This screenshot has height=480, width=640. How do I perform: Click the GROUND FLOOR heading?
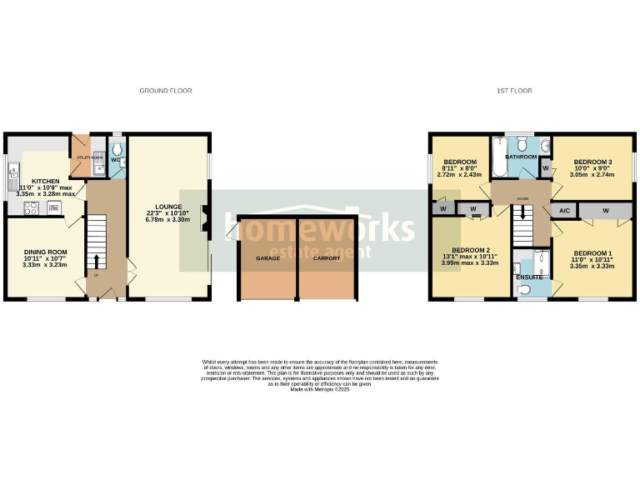pyautogui.click(x=161, y=90)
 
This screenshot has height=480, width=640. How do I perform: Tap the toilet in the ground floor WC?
pyautogui.click(x=117, y=154)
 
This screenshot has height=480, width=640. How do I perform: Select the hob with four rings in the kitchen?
pyautogui.click(x=30, y=208)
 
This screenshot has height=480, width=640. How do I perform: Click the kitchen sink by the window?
pyautogui.click(x=12, y=175)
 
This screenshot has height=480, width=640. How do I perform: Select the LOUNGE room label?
pyautogui.click(x=169, y=207)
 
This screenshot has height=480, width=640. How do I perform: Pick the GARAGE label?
pyautogui.click(x=267, y=258)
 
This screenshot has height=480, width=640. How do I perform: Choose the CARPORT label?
pyautogui.click(x=326, y=258)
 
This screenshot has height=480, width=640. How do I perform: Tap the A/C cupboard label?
pyautogui.click(x=563, y=211)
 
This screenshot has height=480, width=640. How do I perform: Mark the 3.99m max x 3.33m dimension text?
pyautogui.click(x=469, y=263)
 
